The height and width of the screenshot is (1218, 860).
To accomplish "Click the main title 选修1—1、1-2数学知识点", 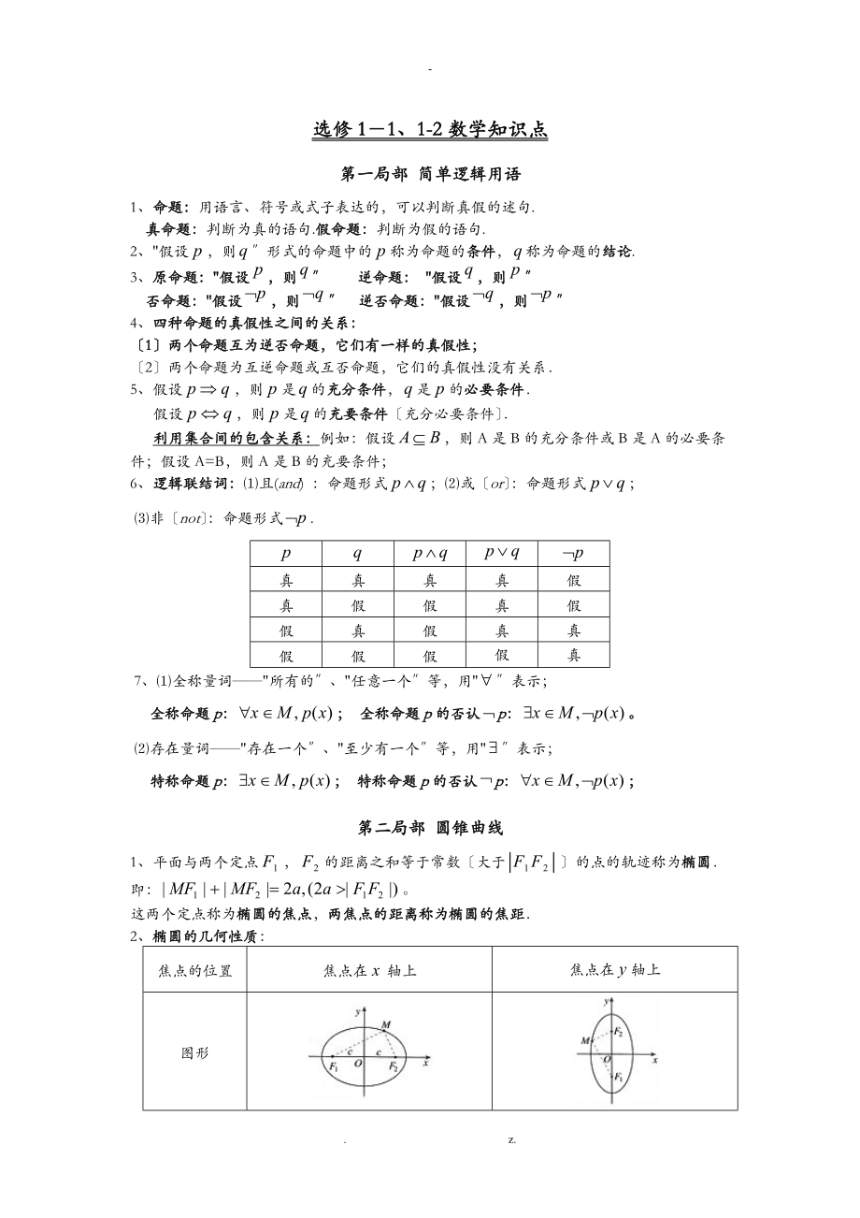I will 430,131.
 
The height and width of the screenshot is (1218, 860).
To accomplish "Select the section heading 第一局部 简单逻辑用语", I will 431,174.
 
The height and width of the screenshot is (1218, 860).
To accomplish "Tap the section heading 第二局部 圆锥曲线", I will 431,827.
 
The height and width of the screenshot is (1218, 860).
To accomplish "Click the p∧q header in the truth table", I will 430,554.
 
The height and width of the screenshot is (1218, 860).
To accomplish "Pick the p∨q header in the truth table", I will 502,553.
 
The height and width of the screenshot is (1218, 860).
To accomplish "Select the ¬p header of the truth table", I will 573,554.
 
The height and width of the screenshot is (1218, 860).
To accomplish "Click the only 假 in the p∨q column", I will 502,656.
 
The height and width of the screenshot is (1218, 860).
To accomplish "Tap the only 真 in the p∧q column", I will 430,580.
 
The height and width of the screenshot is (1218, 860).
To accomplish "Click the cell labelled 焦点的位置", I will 194,970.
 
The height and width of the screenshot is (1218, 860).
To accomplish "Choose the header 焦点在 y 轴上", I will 614,970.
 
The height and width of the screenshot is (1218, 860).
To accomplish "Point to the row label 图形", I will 194,1052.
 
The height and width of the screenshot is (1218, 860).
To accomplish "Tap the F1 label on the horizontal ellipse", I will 333,1066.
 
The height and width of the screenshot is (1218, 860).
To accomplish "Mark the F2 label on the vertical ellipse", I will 618,1031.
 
